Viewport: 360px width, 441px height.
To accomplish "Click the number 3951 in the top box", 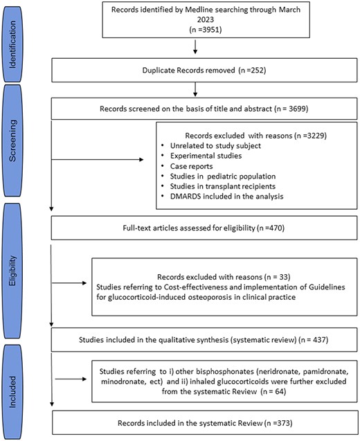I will pos(203,32).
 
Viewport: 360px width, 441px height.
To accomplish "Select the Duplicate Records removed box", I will pos(197,69).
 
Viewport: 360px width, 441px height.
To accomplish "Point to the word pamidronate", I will pos(303,371).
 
